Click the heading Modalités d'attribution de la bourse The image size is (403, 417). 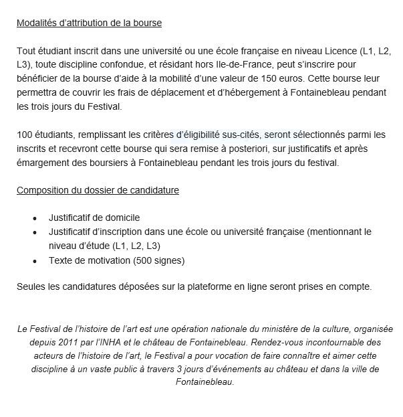90,23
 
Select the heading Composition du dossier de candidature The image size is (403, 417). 98,190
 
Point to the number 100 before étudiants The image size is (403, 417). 25,135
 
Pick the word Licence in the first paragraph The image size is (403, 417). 338,50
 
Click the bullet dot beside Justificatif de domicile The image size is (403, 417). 35,218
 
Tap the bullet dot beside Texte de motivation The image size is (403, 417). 35,260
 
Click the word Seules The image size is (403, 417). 31,287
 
